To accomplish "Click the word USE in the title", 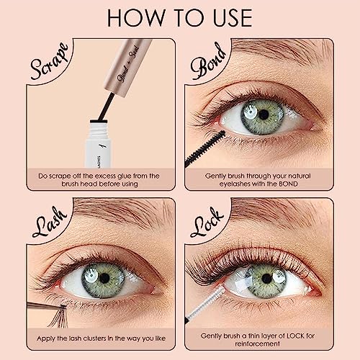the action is click(233, 18).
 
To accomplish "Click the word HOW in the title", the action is click(136, 18).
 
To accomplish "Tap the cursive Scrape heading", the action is click(49, 61).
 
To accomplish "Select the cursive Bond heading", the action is click(208, 61).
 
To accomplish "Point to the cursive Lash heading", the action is click(50, 222).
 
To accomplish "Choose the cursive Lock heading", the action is click(207, 222).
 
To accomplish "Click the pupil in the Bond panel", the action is click(264, 114).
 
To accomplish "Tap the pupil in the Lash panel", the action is click(104, 278).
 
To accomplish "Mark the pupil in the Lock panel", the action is click(266, 279).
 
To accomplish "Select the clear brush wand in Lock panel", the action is click(206, 305).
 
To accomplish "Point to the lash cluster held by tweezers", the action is click(60, 315).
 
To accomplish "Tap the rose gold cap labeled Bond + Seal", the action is click(127, 68).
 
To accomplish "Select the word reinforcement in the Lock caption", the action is click(258, 343).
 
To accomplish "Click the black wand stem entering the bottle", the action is click(107, 106).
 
